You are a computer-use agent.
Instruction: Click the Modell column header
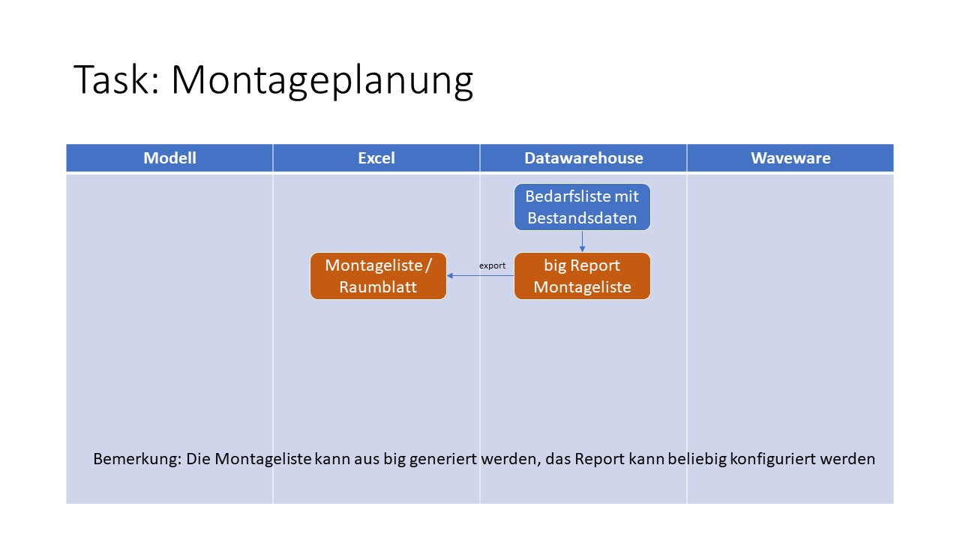[x=169, y=157]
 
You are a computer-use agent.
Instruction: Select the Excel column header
[x=376, y=157]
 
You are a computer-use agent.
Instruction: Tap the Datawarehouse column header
[x=583, y=157]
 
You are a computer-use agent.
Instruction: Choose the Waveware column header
[x=790, y=157]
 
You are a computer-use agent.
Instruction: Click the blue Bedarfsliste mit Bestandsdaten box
[x=582, y=207]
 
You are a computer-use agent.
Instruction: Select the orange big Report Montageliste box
[x=582, y=276]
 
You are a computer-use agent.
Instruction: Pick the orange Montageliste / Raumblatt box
[x=378, y=276]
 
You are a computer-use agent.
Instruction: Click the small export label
[x=492, y=265]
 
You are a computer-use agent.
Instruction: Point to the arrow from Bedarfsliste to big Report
[x=583, y=241]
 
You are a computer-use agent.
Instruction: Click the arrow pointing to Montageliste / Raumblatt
[x=480, y=276]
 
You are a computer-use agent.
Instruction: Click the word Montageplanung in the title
[x=322, y=79]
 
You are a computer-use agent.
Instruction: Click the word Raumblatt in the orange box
[x=378, y=287]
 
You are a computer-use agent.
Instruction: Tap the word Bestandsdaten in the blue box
[x=582, y=218]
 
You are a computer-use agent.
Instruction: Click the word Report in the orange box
[x=595, y=265]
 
